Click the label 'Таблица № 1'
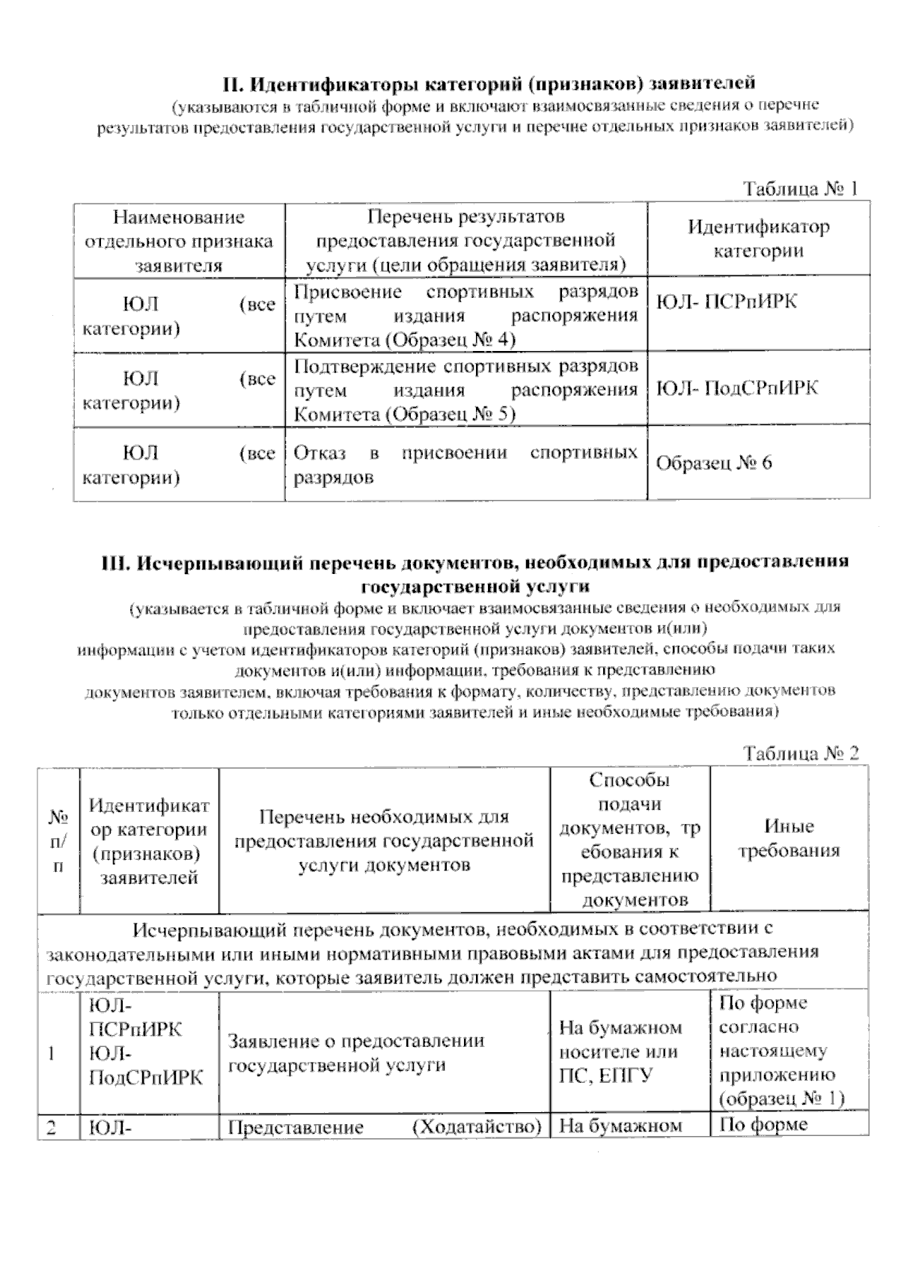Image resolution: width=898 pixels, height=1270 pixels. click(x=799, y=189)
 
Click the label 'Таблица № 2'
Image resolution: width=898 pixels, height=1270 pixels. click(x=800, y=753)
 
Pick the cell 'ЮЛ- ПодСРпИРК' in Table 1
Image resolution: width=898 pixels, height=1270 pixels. click(x=736, y=388)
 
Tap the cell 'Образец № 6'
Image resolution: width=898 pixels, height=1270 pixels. click(x=713, y=463)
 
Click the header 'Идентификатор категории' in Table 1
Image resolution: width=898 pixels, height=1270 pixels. click(x=758, y=239)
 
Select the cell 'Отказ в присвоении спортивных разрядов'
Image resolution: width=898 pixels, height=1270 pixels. click(x=465, y=465)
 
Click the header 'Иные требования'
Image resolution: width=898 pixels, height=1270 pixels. click(x=789, y=838)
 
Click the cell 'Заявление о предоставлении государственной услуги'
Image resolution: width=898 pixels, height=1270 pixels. click(x=355, y=1052)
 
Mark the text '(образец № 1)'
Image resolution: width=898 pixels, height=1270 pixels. click(x=781, y=1099)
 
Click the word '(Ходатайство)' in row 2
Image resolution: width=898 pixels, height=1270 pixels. click(x=477, y=1127)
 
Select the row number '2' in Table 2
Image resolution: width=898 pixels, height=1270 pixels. click(x=52, y=1127)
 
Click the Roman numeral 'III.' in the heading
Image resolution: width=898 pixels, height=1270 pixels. click(x=117, y=562)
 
